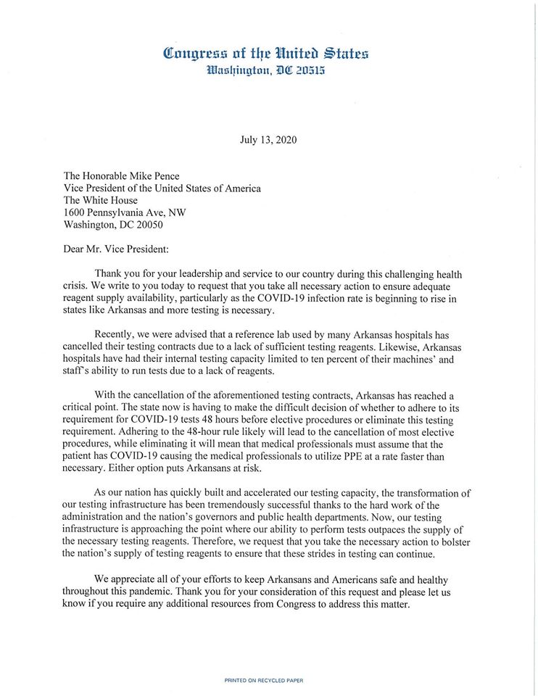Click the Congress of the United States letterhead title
tap(266, 53)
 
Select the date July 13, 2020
tap(268, 139)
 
